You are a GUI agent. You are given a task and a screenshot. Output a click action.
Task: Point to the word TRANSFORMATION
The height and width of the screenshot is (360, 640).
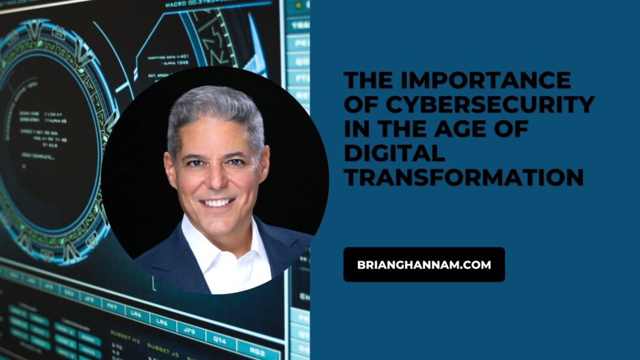tap(464, 177)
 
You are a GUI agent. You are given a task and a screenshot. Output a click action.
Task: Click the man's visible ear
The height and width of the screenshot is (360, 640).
tap(170, 173)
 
